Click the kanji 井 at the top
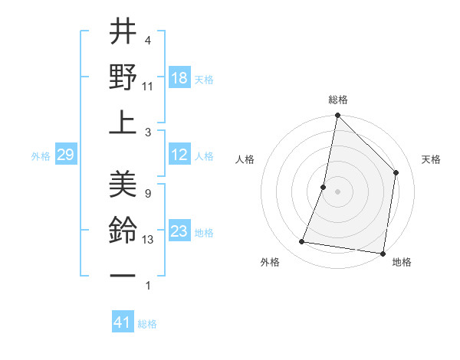(123, 33)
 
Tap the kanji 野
(123, 77)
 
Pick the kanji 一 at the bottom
(123, 273)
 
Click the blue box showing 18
(179, 78)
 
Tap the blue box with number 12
(179, 155)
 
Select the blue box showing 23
(179, 231)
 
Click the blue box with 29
(65, 155)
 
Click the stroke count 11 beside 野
(148, 87)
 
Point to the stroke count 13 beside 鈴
(148, 240)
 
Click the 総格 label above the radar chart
(337, 100)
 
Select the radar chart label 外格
(270, 263)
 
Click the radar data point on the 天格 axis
(396, 172)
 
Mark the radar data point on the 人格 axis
(324, 187)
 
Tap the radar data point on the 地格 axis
(382, 253)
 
